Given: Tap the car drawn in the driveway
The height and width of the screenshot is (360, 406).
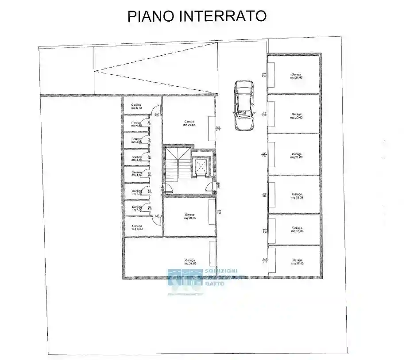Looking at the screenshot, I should tap(244, 106).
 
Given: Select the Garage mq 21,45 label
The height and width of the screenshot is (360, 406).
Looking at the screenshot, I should tap(297, 76).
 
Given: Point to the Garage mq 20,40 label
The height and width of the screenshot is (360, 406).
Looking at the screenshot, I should tap(297, 116).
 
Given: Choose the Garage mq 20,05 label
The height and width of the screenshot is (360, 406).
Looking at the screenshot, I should tap(297, 196).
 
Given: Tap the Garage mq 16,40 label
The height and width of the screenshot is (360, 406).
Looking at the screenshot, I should tap(297, 230).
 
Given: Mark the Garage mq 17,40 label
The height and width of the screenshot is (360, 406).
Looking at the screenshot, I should tap(297, 261).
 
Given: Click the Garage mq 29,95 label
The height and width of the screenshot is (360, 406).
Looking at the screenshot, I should tap(189, 123).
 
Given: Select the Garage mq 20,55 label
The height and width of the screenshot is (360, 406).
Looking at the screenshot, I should tap(189, 216).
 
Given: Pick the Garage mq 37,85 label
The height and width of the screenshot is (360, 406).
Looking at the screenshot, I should tap(190, 262).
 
